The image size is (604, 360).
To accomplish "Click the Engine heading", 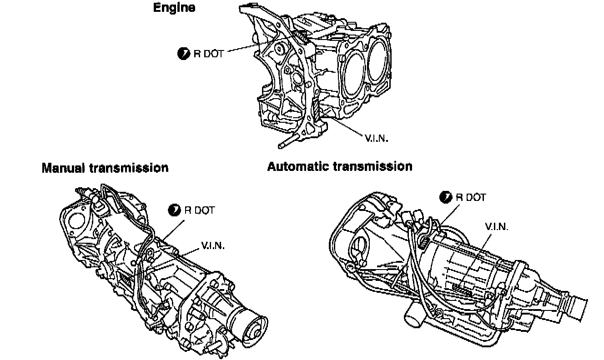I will tap(174, 8).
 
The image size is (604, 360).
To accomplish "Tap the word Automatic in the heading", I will tap(298, 166).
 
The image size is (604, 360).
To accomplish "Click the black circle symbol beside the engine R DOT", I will tap(183, 54).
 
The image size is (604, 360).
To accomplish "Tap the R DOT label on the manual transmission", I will tap(199, 210).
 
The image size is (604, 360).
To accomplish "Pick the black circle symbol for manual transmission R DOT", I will tap(174, 210).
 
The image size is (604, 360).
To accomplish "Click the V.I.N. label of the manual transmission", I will tap(212, 246).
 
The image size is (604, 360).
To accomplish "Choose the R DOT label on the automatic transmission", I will tap(471, 197).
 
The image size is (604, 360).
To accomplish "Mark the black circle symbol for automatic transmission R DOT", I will tap(446, 197).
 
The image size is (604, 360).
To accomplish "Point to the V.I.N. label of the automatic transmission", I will tap(496, 226).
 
